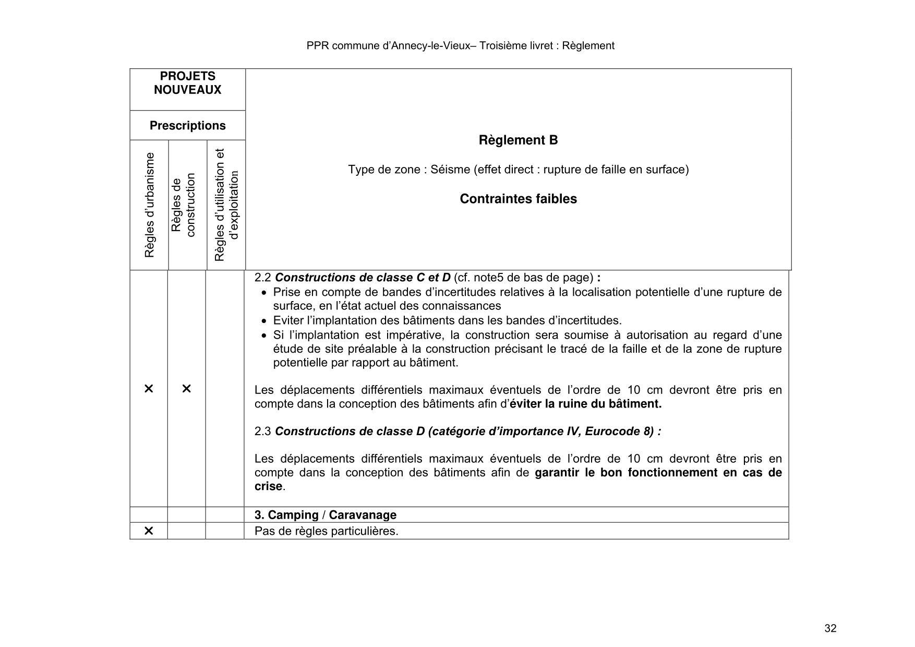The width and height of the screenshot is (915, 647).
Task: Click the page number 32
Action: coord(830,628)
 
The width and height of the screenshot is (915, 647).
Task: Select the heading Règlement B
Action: coord(518,140)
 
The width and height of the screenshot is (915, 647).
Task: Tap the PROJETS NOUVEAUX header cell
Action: coord(187,83)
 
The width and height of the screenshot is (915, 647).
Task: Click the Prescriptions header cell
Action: coord(187,126)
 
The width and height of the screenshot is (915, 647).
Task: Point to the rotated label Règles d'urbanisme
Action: coord(150,205)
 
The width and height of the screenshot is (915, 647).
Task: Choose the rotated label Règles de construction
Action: coord(183,205)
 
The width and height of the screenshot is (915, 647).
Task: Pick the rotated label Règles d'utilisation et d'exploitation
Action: coord(226,205)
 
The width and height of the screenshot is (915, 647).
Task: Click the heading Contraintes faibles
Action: coord(518,199)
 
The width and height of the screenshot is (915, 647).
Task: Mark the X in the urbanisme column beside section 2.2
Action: coord(149,389)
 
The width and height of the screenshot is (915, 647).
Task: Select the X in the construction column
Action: coord(186,389)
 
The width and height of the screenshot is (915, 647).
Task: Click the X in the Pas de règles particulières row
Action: coord(149,531)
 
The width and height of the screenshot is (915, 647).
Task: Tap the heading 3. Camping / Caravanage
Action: coord(325,515)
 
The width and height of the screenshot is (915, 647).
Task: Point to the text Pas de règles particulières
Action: coord(326,531)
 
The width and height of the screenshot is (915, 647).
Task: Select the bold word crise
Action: coord(268,486)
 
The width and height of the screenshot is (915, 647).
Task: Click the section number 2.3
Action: coord(262,432)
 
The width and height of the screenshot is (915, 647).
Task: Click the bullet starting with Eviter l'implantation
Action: coord(447,320)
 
